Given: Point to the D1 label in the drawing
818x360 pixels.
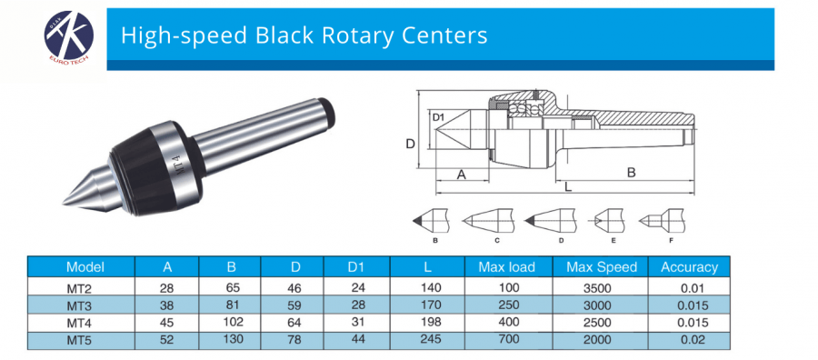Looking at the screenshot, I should (437, 117).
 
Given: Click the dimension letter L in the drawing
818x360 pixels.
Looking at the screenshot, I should (568, 186).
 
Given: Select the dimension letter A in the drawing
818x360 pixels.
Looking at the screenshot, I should (461, 174).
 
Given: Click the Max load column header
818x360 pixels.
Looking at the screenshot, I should (506, 267).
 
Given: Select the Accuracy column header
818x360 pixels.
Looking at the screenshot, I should (689, 267).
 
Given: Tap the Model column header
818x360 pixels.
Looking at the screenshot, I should (85, 267).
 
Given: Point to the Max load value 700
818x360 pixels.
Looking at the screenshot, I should (505, 339).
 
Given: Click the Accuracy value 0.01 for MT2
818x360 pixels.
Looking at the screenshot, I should (690, 288).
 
